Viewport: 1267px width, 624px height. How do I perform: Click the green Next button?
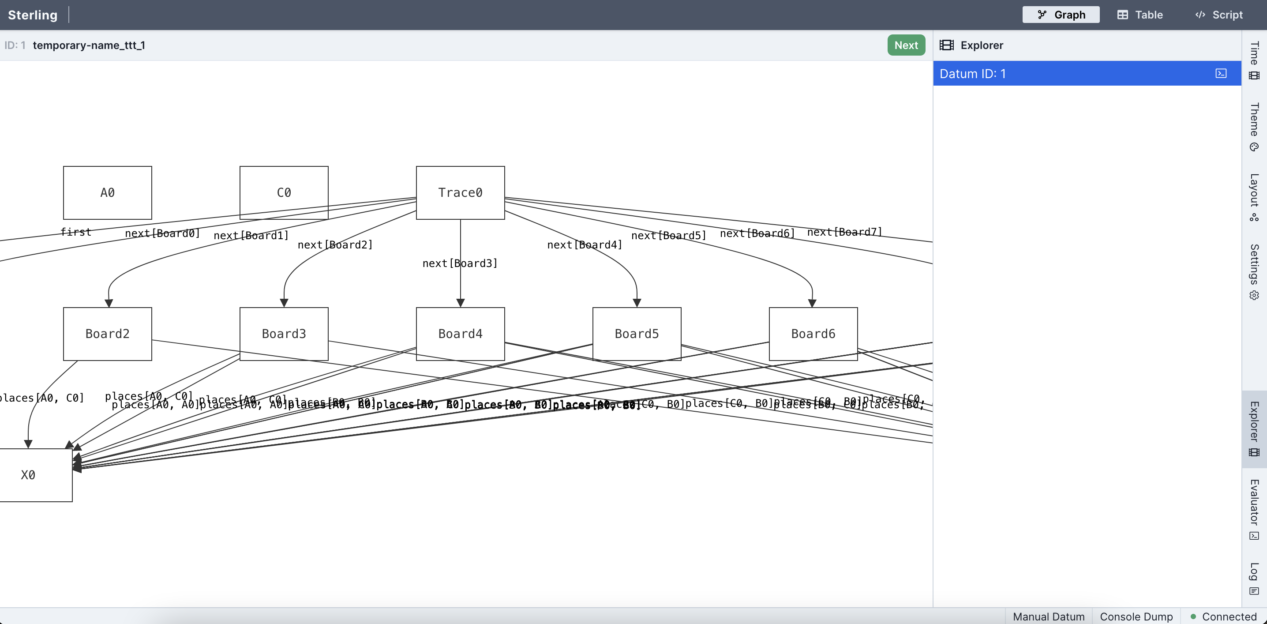click(906, 45)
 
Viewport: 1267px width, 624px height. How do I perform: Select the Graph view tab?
click(1061, 15)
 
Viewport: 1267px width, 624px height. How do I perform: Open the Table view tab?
click(1140, 15)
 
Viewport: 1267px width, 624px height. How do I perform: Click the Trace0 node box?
click(460, 192)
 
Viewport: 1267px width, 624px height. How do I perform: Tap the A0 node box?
click(107, 192)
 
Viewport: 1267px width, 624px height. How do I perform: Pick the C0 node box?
click(284, 192)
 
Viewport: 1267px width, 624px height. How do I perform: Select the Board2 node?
click(107, 334)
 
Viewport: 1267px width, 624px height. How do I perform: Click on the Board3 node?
click(284, 334)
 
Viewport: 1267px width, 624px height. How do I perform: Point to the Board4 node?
click(460, 334)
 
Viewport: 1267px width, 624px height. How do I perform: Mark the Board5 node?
click(637, 334)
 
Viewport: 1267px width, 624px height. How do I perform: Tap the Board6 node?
click(813, 334)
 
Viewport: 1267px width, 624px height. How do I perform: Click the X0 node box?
click(30, 475)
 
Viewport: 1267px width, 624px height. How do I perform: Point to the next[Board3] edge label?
click(459, 263)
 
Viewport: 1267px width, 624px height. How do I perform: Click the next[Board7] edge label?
click(844, 232)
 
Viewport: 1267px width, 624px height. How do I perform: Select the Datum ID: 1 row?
click(1072, 74)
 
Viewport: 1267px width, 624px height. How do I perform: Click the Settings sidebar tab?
click(1254, 271)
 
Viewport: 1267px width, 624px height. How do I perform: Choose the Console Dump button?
click(1136, 616)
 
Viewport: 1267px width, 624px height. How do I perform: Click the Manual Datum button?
click(1048, 616)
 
